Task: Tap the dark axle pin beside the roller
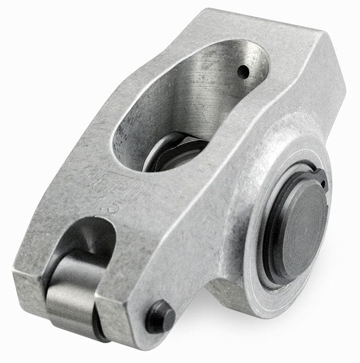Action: (x=160, y=316)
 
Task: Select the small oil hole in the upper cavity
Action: (x=243, y=71)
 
